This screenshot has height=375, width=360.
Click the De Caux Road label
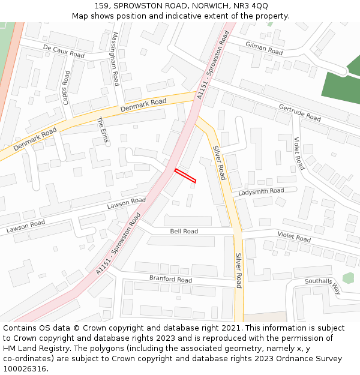pyautogui.click(x=64, y=50)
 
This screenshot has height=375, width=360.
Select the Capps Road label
pyautogui.click(x=67, y=88)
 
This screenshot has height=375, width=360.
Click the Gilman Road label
pyautogui.click(x=263, y=48)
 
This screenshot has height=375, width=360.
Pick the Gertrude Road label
pyautogui.click(x=299, y=112)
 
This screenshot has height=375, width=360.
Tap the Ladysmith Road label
pyautogui.click(x=261, y=191)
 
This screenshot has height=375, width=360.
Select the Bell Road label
pyautogui.click(x=184, y=231)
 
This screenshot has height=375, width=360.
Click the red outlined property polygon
pyautogui.click(x=185, y=176)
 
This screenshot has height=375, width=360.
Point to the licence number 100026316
pyautogui.click(x=25, y=368)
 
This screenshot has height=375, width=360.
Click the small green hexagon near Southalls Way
pyautogui.click(x=348, y=278)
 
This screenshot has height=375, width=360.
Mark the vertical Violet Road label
pyautogui.click(x=299, y=153)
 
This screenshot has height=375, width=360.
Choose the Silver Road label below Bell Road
pyautogui.click(x=238, y=271)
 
